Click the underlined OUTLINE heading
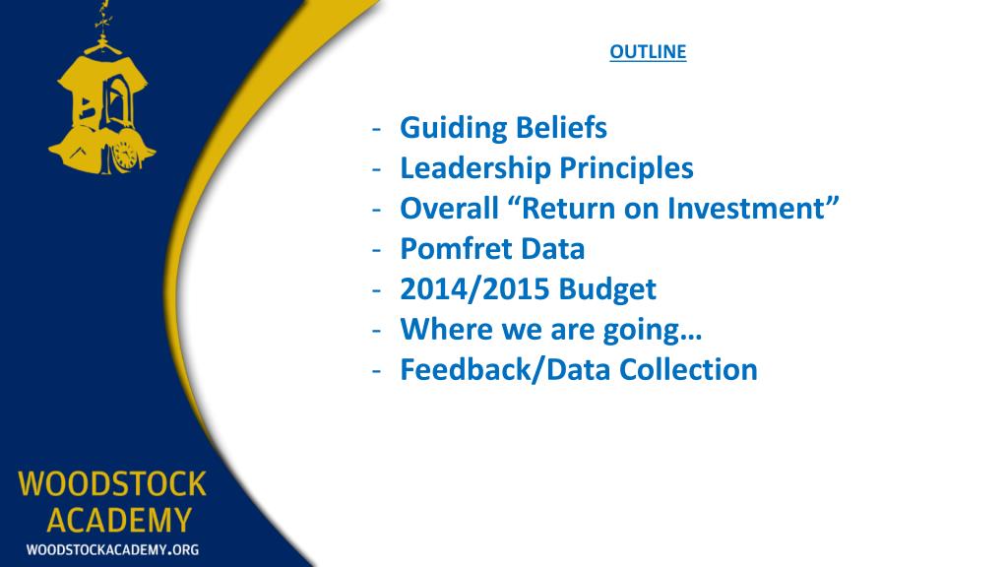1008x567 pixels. tap(648, 52)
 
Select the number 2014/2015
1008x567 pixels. tap(474, 289)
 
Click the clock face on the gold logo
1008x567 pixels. tap(124, 155)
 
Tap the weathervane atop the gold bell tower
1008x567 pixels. tap(101, 15)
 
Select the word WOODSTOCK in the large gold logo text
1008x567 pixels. tap(111, 484)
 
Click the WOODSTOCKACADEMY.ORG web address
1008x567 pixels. tap(111, 549)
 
